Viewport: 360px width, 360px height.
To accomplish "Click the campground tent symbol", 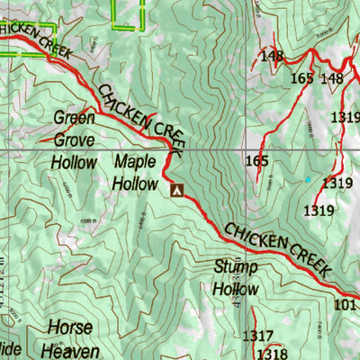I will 176,190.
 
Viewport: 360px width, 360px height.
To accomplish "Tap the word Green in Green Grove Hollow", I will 75,118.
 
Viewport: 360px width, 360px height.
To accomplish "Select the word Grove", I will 75,140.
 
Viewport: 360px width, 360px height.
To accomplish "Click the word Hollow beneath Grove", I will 74,163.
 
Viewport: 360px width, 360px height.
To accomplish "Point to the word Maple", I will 135,162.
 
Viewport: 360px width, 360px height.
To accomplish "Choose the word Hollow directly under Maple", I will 135,184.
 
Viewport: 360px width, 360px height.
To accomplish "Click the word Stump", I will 236,267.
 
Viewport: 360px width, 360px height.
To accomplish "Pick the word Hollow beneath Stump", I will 236,289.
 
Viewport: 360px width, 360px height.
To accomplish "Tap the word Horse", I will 70,327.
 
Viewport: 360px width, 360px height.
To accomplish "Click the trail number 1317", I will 258,337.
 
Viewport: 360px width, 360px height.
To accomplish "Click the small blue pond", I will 307,179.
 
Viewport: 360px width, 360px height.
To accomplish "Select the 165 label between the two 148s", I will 302,78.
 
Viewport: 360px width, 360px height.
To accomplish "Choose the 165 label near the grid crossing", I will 257,161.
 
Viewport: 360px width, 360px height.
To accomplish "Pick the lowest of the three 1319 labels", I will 319,211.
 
